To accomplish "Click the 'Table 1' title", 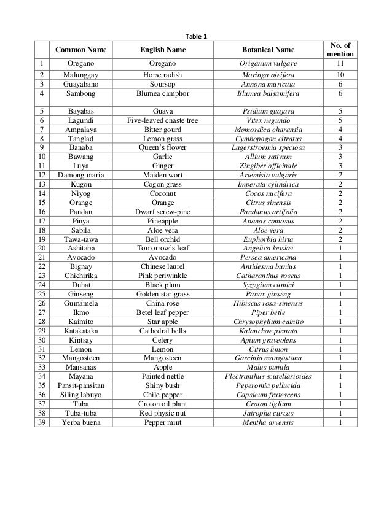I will pos(197,36).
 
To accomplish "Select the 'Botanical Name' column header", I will pos(267,49).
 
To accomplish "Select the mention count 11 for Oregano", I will pos(340,63).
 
